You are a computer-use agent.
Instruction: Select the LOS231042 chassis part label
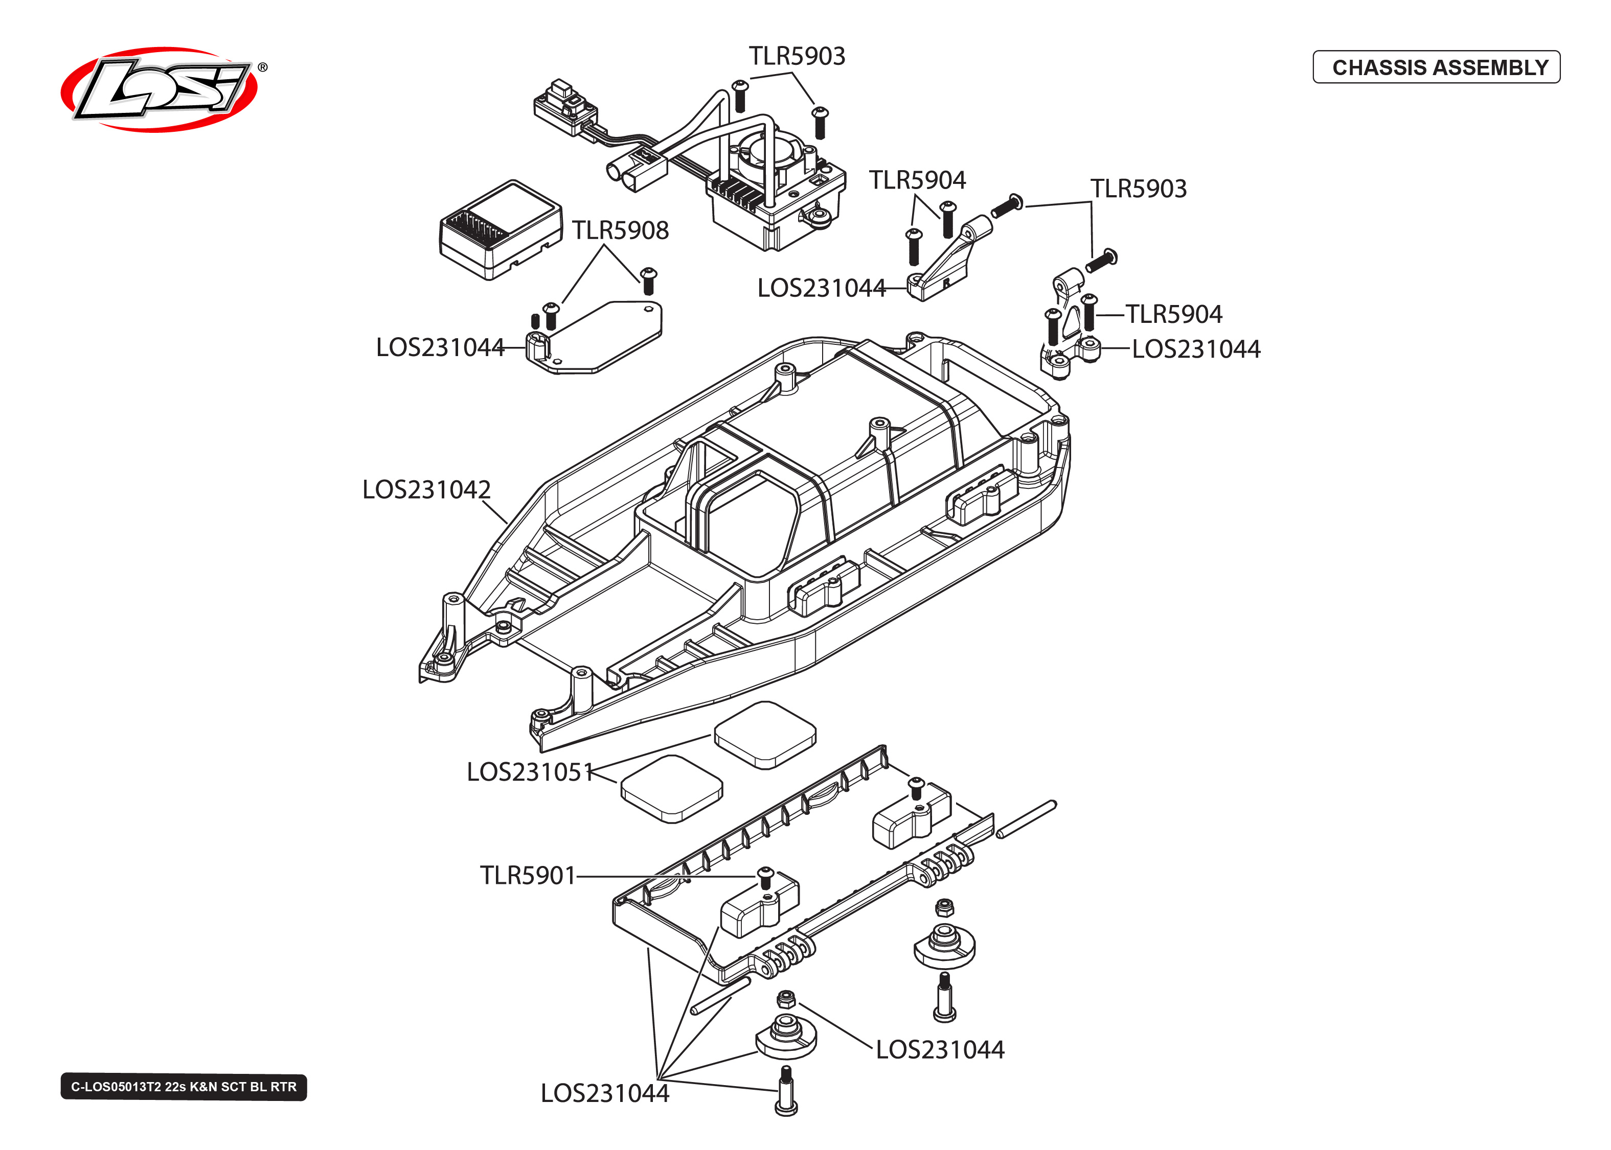(426, 490)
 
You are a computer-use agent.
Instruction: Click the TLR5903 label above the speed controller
(797, 56)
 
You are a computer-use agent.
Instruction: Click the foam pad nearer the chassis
(765, 734)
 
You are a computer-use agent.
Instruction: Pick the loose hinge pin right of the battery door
(1026, 819)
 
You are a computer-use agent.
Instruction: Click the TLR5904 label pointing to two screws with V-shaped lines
(917, 180)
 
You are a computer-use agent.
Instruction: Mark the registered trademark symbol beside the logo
(262, 67)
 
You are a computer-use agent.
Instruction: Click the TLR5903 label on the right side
(1138, 189)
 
